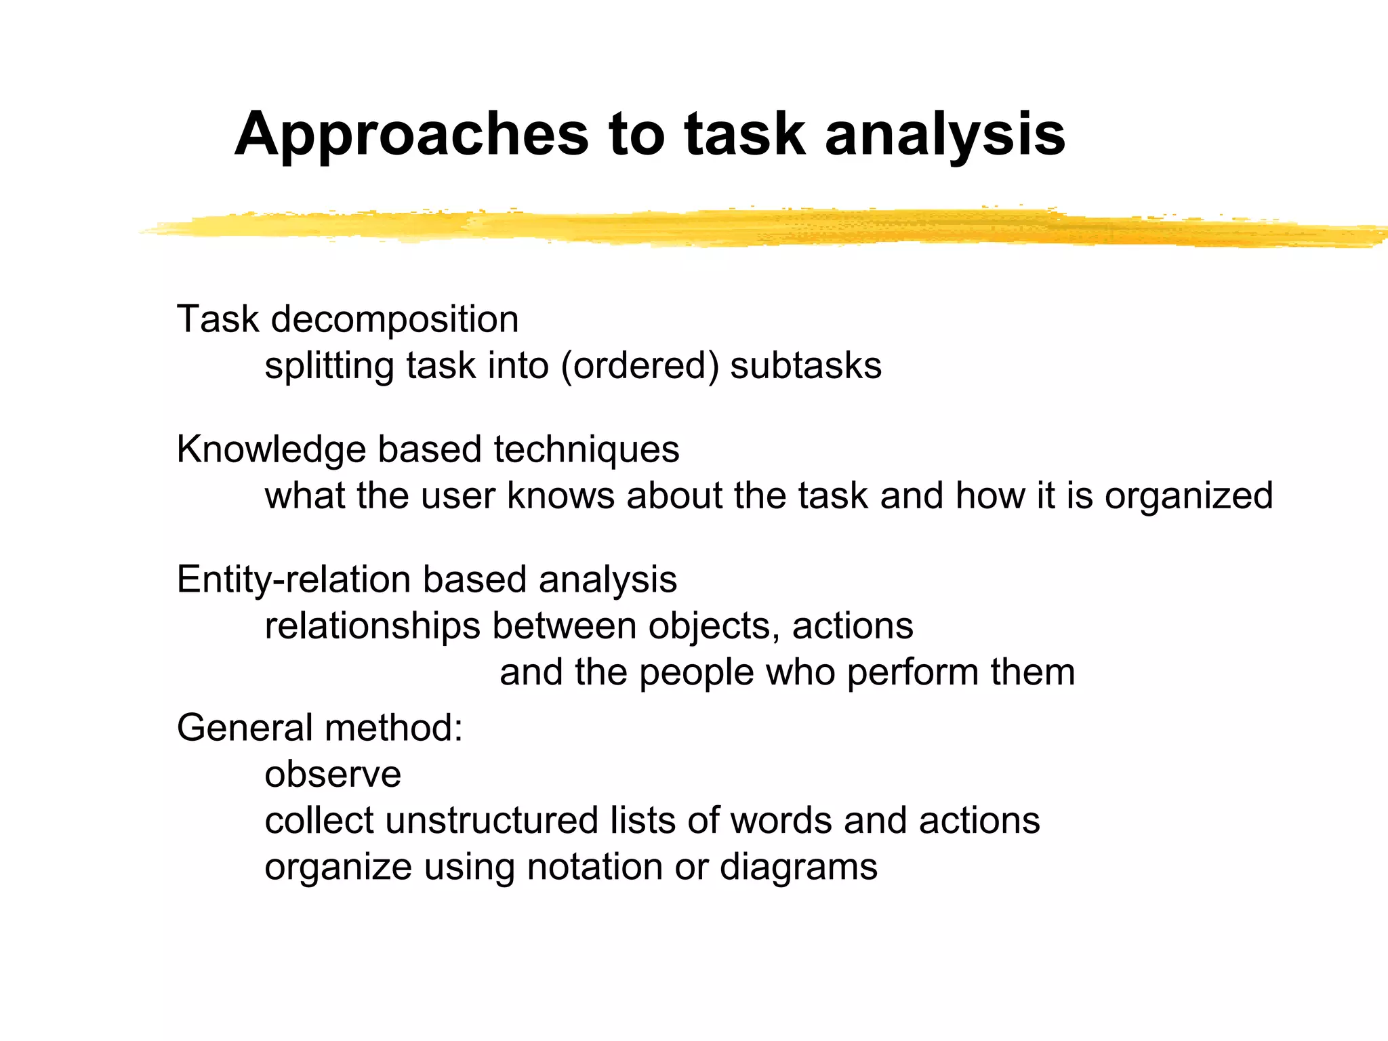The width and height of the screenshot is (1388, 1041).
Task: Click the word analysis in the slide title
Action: (945, 136)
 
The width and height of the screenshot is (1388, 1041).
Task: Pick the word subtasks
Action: (806, 367)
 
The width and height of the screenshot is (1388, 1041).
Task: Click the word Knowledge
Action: (271, 450)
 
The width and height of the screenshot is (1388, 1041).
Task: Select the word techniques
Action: (586, 450)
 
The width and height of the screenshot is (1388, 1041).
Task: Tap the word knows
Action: (561, 496)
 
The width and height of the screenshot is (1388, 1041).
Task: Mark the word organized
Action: (1189, 496)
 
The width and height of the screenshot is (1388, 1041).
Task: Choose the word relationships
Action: (372, 626)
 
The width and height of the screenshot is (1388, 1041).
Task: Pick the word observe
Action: (333, 775)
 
